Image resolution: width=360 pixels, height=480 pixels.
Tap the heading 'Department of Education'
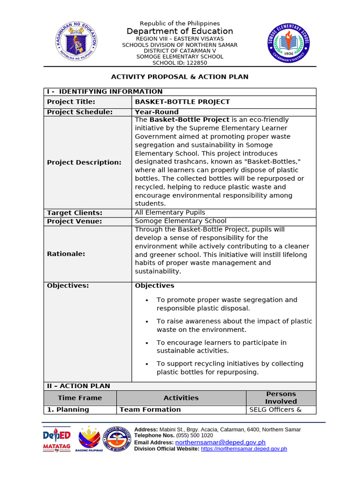(x=180, y=31)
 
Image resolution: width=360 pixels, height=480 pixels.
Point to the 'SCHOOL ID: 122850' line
(x=180, y=63)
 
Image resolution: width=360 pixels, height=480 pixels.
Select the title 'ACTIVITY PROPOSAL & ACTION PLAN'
(x=180, y=76)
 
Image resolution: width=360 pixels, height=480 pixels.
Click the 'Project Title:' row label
(x=71, y=102)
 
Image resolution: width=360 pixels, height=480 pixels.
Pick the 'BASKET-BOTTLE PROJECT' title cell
(x=182, y=102)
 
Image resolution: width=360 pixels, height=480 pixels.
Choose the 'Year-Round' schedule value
(x=157, y=112)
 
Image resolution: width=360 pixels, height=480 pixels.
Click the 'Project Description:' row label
(x=84, y=162)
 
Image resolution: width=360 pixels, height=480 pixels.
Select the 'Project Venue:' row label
(x=75, y=221)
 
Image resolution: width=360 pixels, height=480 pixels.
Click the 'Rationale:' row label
(x=66, y=254)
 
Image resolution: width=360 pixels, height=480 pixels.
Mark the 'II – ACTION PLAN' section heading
(x=78, y=386)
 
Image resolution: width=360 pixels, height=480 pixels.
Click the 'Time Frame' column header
(x=80, y=398)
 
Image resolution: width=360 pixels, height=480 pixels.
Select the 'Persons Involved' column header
(x=281, y=398)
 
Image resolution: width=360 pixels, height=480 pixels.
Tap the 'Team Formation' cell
(x=150, y=410)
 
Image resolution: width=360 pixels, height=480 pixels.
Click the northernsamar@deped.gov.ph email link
(x=220, y=442)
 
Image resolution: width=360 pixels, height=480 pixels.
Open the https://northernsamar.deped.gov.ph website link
(x=244, y=449)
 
